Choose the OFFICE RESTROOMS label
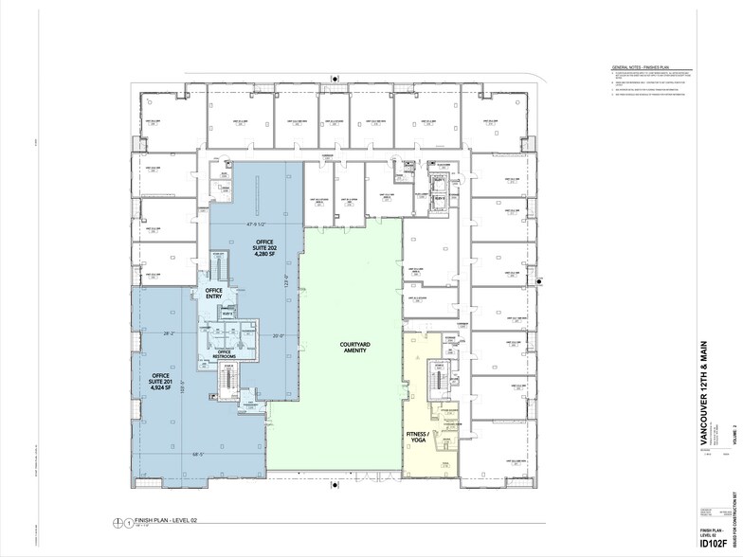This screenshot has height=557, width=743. (x=225, y=354)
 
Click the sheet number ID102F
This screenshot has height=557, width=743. (x=714, y=543)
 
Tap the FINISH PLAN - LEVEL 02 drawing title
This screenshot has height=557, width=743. (x=167, y=520)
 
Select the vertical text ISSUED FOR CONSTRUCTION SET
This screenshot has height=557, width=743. (x=734, y=502)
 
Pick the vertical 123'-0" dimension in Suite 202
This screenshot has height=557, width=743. (x=284, y=280)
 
